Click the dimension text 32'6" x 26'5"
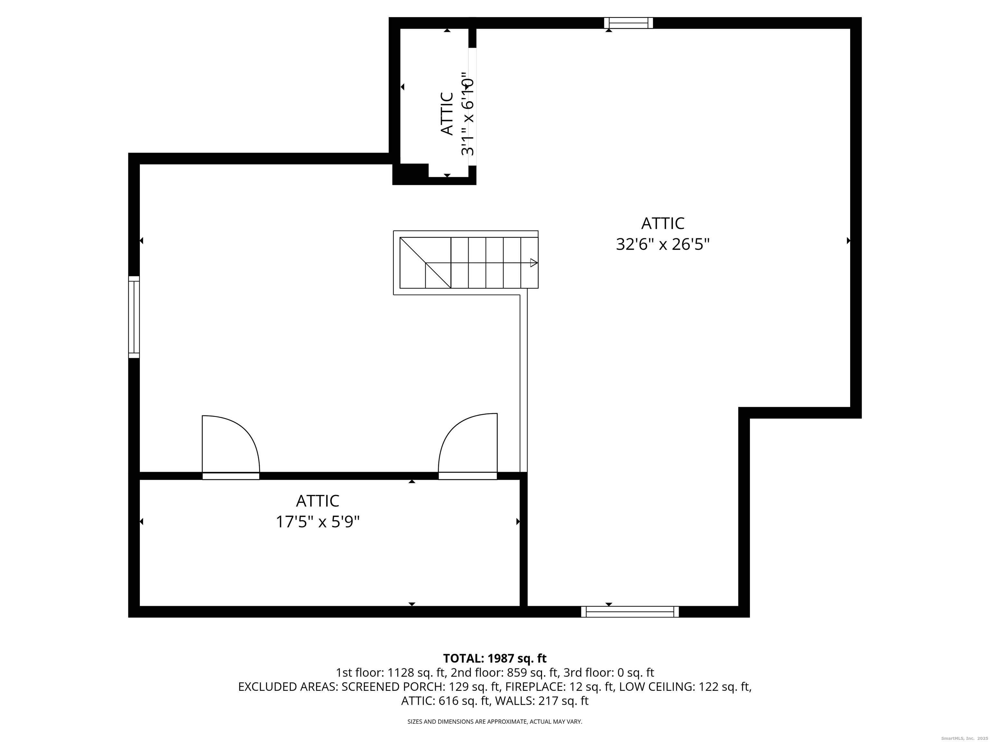coord(663,245)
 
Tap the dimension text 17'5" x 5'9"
coord(318,522)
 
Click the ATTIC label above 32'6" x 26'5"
coord(663,223)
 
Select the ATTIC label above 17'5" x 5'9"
coord(318,500)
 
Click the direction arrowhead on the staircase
coord(533,263)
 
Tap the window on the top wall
coord(628,23)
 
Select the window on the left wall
coord(134,317)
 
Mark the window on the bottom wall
coord(630,612)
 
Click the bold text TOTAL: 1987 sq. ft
coord(495,658)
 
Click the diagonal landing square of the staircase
coord(425,262)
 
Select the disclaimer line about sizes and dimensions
coord(495,721)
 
